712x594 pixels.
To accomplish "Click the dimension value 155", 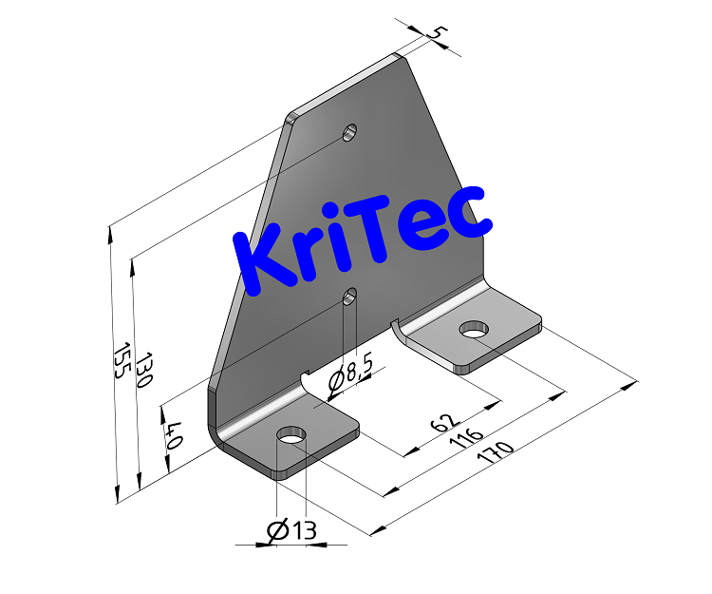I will pos(120,362).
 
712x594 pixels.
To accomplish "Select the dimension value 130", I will pos(143,370).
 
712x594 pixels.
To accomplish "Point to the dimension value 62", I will pos(445,422).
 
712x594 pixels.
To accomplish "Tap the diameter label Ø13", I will pos(291,531).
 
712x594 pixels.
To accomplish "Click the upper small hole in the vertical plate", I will pos(350,131).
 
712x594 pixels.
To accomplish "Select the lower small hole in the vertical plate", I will pos(350,296).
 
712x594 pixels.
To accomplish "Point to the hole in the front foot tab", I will pos(291,436).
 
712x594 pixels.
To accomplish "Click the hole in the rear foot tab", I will pos(474,330).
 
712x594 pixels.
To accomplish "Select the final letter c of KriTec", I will pos(473,215).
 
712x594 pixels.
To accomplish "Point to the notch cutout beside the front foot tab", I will pos(309,383).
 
